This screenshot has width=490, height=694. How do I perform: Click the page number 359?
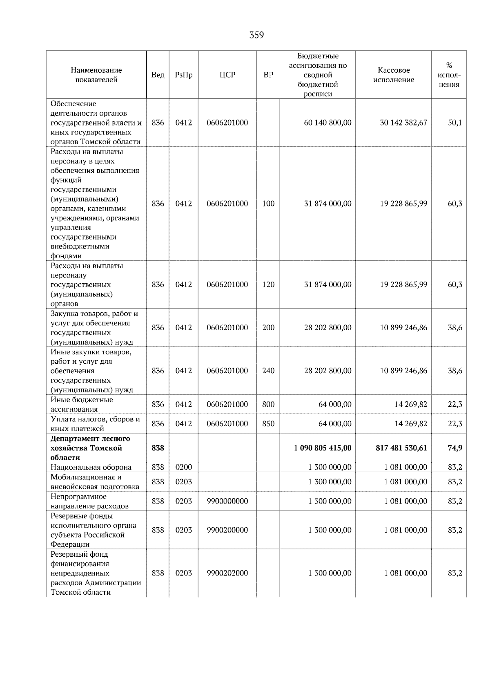(x=256, y=35)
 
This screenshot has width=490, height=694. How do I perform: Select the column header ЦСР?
(x=227, y=75)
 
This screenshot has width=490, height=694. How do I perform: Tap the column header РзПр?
(x=183, y=75)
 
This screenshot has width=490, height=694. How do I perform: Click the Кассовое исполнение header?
(x=393, y=75)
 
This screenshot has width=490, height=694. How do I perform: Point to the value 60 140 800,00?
(x=327, y=123)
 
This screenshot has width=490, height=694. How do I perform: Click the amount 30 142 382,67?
(x=403, y=123)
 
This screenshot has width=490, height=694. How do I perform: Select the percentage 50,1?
(x=454, y=123)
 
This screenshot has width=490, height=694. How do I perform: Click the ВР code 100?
(x=268, y=204)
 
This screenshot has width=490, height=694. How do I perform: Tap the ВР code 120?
(x=268, y=284)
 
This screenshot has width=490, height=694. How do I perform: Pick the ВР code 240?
(x=268, y=371)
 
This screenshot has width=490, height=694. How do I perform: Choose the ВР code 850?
(x=268, y=424)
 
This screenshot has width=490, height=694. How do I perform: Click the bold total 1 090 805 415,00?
(x=322, y=448)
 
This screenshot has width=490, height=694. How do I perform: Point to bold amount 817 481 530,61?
(x=401, y=448)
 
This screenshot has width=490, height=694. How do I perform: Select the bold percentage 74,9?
(x=454, y=448)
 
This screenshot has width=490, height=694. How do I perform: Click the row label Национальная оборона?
(x=91, y=467)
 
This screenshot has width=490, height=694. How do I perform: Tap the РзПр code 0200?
(x=183, y=467)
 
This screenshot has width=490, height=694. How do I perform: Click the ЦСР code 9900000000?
(x=227, y=501)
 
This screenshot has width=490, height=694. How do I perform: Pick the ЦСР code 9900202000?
(x=227, y=573)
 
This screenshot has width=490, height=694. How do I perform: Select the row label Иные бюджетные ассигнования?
(x=82, y=404)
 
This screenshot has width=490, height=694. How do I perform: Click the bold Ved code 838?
(x=158, y=448)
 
